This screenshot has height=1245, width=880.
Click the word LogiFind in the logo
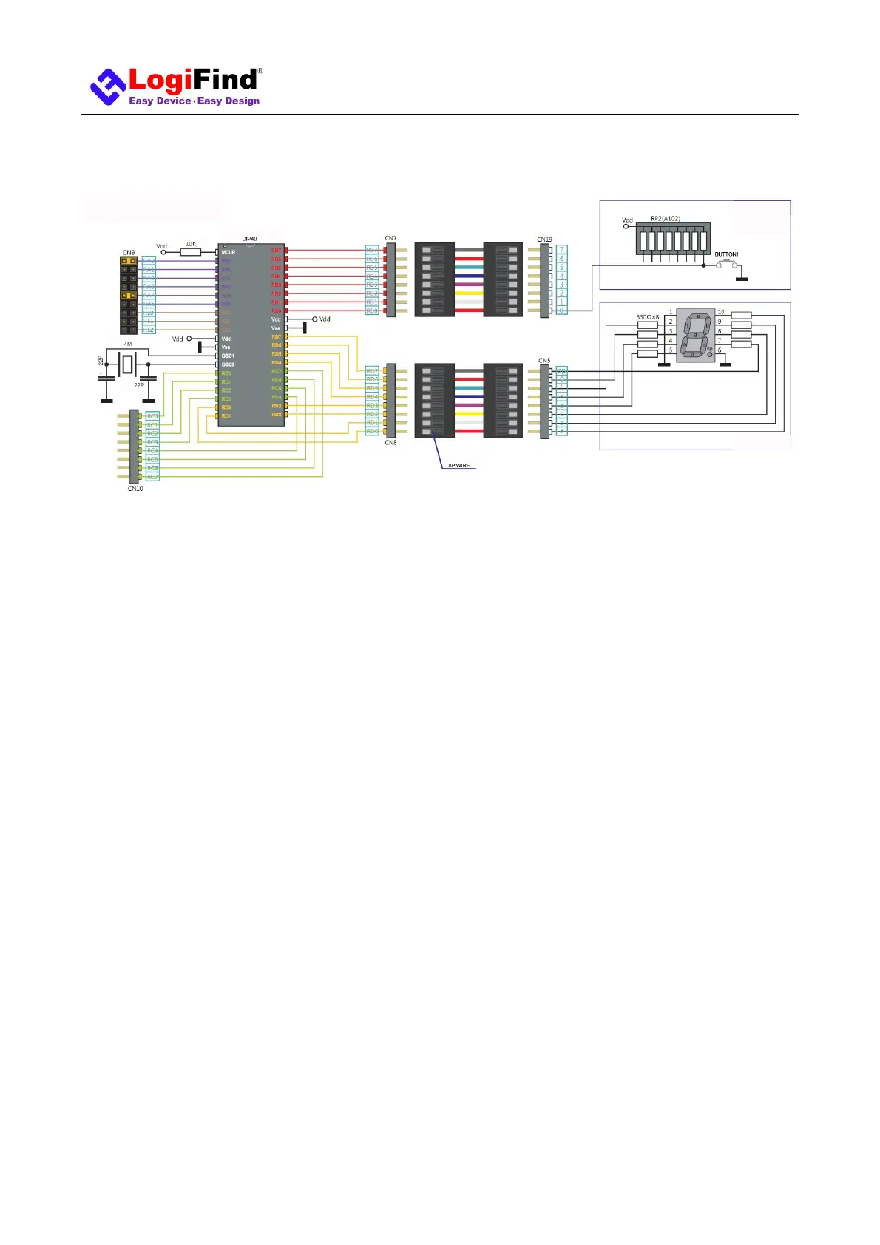pos(193,81)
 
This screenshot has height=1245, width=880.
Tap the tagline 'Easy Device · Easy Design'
pos(194,101)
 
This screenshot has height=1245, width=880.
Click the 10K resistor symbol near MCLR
pos(191,252)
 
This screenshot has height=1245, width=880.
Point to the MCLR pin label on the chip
pos(229,252)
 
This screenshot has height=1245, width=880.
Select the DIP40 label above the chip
pos(249,239)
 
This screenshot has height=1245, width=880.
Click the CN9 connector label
pos(129,253)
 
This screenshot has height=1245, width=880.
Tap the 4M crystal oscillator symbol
pos(128,363)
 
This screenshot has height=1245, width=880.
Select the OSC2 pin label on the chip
pos(228,364)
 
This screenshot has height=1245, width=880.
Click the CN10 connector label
pos(135,489)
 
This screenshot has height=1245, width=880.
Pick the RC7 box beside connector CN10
pos(152,477)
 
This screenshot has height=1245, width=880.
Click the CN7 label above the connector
pos(390,238)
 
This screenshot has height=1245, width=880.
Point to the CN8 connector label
pos(390,443)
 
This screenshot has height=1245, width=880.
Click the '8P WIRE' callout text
pos(458,466)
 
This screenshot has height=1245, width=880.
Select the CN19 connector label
pos(544,240)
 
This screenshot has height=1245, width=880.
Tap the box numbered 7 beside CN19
pos(562,250)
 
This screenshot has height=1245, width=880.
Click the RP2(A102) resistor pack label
pos(666,219)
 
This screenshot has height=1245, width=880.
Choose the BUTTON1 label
pos(726,254)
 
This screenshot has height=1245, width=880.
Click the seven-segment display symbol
pos(695,335)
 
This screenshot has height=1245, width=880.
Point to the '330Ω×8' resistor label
pos(647,317)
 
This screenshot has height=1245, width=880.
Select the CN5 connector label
pos(544,361)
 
